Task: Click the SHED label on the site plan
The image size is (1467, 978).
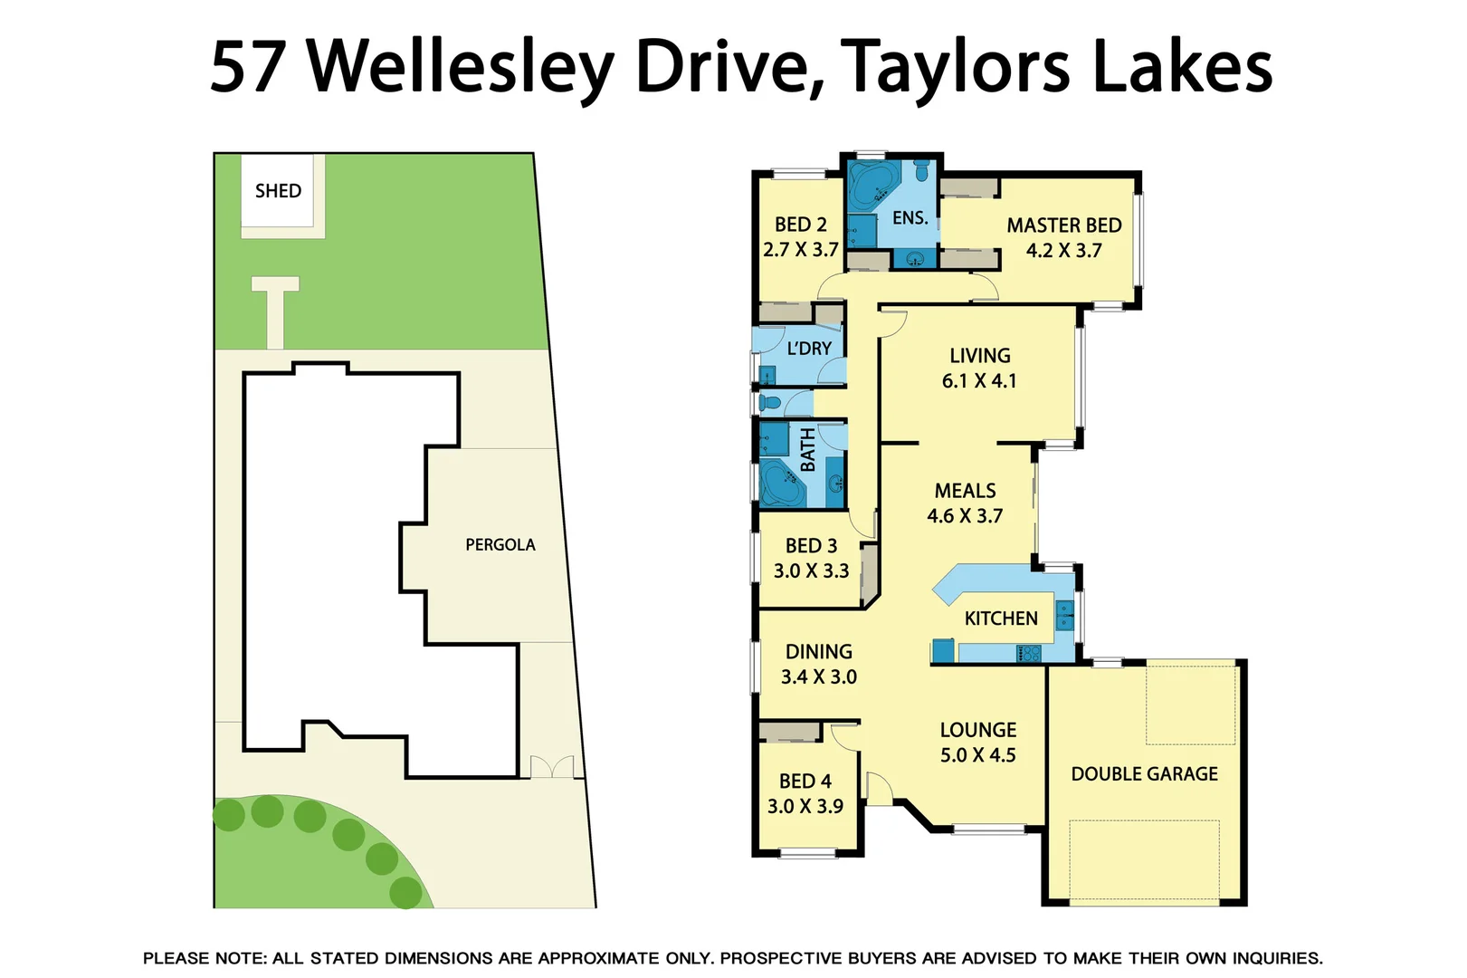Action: tap(278, 191)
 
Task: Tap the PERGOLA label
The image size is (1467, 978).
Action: tap(500, 544)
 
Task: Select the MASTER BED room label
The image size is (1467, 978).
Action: tap(1063, 225)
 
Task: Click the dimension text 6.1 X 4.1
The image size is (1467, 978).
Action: tap(979, 381)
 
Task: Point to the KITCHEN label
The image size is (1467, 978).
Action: tap(1001, 618)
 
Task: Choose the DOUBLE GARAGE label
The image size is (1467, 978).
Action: tap(1144, 774)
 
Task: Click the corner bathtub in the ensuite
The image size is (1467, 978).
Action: tap(872, 184)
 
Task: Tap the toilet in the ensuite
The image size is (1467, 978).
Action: tap(921, 170)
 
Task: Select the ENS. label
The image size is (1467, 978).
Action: tap(910, 218)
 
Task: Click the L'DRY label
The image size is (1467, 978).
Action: tap(808, 349)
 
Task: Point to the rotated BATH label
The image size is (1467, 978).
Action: tap(807, 450)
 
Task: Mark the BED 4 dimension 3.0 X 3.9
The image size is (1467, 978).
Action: tap(805, 806)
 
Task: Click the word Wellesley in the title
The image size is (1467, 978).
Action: tap(462, 67)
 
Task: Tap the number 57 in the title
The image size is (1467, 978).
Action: tap(248, 67)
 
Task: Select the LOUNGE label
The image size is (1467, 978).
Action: tap(977, 730)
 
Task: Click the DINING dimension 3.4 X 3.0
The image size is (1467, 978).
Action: tap(818, 676)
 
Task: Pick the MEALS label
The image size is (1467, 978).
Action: tap(965, 491)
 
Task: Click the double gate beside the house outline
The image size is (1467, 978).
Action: tap(552, 767)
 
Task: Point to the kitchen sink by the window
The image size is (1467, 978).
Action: tap(1065, 615)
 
